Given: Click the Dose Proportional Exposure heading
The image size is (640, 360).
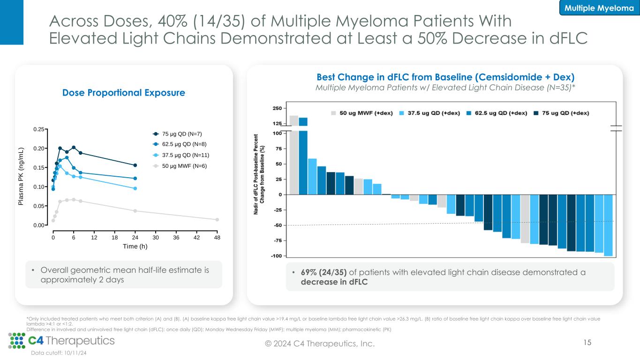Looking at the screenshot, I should coord(124,93).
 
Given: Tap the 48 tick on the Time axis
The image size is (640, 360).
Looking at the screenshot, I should coord(217,238).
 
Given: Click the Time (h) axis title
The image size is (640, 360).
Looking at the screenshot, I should coord(135,247).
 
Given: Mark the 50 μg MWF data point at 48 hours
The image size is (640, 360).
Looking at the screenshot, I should coord(217,219).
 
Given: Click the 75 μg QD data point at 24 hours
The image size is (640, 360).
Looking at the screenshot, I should coord(135,165).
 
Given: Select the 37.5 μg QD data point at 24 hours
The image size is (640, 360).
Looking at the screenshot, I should coord(135,188).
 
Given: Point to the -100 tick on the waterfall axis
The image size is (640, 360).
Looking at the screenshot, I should coord(276,256).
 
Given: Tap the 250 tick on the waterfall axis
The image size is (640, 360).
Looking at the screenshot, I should coord(277,108).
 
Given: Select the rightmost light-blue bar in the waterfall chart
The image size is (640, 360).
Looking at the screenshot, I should coord(608,225).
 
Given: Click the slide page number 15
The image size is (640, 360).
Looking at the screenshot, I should coord(587,343).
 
